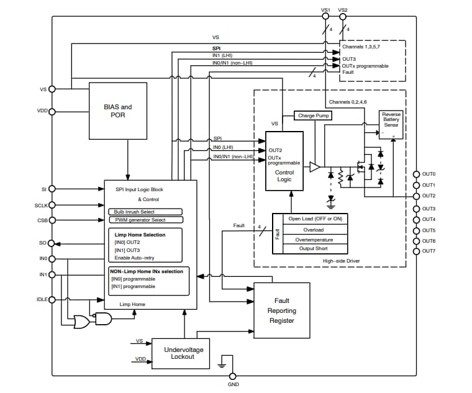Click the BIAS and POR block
(x=118, y=111)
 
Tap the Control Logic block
(x=284, y=161)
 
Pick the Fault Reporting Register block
(x=281, y=310)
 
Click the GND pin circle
(x=233, y=376)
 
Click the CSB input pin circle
(x=52, y=220)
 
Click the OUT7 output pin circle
(x=417, y=251)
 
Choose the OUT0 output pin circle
(x=417, y=174)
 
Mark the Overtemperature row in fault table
(x=314, y=239)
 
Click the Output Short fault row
(x=314, y=248)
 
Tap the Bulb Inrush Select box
(x=144, y=212)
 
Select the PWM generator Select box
(x=144, y=220)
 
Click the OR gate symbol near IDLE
(x=81, y=322)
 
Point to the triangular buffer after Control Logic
(x=315, y=166)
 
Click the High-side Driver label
(x=341, y=261)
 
